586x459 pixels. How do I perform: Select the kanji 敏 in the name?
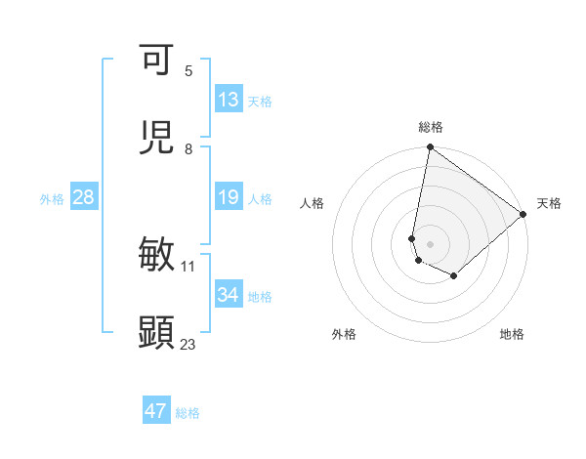(156, 254)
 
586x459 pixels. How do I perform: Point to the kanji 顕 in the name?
(156, 332)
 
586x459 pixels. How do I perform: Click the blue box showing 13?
(228, 100)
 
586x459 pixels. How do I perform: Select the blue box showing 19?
(228, 197)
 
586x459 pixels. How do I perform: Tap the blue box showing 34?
(228, 295)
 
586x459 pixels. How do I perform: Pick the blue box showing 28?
(83, 197)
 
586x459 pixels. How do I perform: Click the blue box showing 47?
(156, 411)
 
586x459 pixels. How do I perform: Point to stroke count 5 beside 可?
(188, 70)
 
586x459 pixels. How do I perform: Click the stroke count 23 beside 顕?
(188, 344)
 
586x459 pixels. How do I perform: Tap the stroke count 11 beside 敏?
(188, 266)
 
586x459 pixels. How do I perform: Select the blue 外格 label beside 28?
(52, 198)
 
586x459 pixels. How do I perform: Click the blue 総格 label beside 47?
(188, 413)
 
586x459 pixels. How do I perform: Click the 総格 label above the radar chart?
(431, 127)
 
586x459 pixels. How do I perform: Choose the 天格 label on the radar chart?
(549, 203)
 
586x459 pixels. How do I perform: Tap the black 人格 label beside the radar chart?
(313, 203)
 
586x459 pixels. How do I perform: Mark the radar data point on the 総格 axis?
(431, 148)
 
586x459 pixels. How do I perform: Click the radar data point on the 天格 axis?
(523, 215)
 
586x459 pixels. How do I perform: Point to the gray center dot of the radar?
(431, 243)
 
